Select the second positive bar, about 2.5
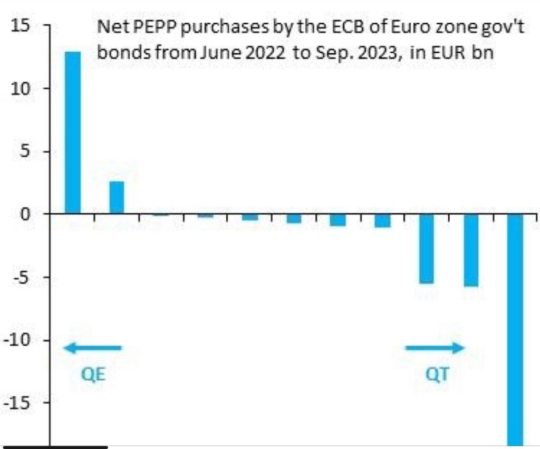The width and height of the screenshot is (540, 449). tap(117, 197)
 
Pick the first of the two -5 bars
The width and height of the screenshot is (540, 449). tap(427, 249)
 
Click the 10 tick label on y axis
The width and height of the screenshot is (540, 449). tap(24, 88)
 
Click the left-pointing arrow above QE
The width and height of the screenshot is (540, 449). tap(92, 348)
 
